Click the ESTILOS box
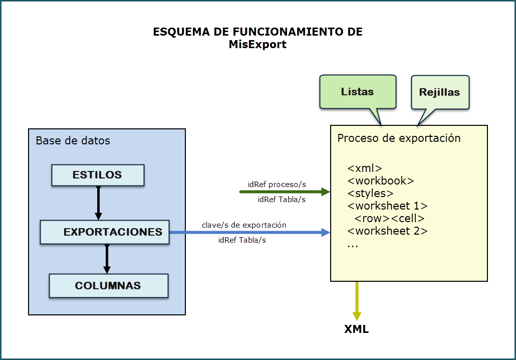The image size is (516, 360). coord(98,175)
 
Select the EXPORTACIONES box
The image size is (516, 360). coord(105,232)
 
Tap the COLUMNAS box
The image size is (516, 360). coord(108,286)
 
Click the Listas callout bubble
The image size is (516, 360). coord(358,92)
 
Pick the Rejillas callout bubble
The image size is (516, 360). coord(440,92)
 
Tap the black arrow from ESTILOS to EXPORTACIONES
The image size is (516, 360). coord(99,203)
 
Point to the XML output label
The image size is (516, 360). coord(356,329)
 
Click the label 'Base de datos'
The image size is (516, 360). coord(73,140)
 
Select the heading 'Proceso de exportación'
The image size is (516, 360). coord(399,138)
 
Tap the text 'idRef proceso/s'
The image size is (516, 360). coord(277,184)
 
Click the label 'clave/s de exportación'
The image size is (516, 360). coord(244,225)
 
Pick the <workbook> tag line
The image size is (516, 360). coord(381,181)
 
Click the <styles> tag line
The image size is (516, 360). coord(370,193)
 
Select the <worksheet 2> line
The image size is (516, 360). coord(387,231)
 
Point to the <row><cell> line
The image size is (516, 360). coord(389,219)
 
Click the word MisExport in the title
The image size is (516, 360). coord(257,44)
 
